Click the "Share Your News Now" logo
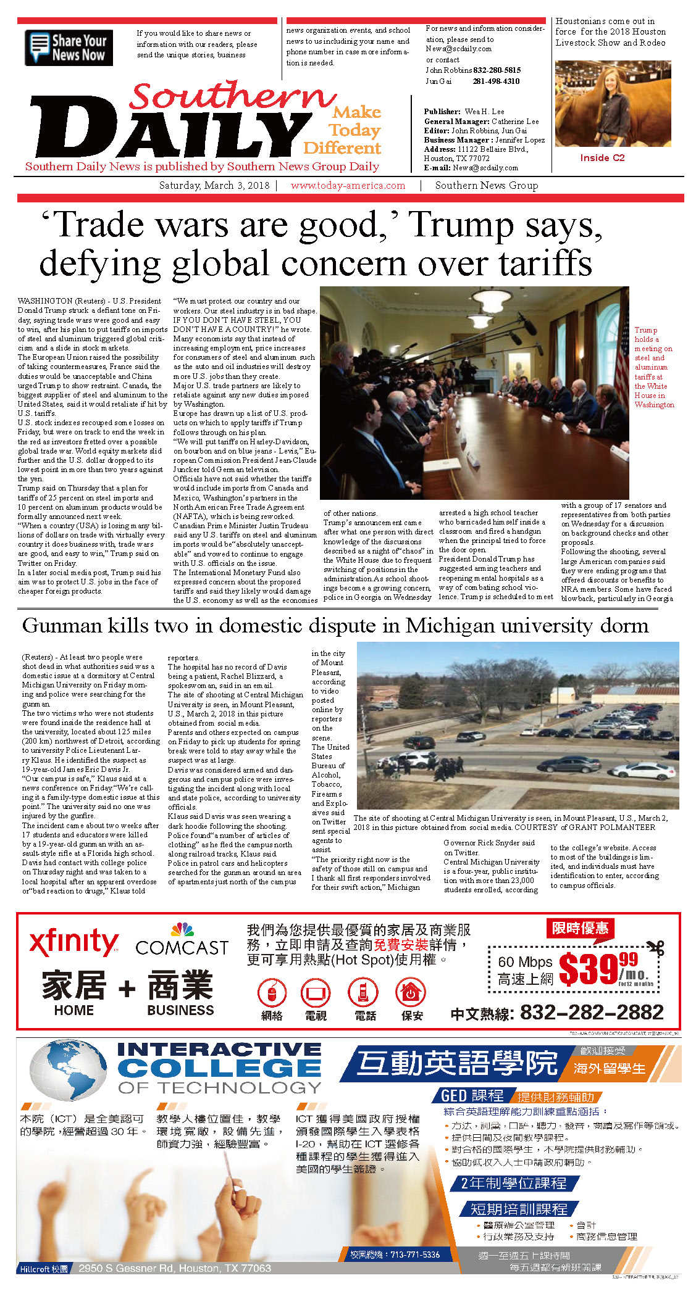point(69,48)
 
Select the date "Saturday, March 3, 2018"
point(214,185)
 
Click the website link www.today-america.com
point(348,185)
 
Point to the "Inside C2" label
point(602,158)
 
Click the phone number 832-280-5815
point(497,70)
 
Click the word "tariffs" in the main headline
point(545,263)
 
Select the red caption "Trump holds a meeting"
point(653,367)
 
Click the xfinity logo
point(73,942)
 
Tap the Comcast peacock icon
point(182,930)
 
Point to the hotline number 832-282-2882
point(591,1012)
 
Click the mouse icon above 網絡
point(272,992)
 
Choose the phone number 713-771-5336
point(414,1255)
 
